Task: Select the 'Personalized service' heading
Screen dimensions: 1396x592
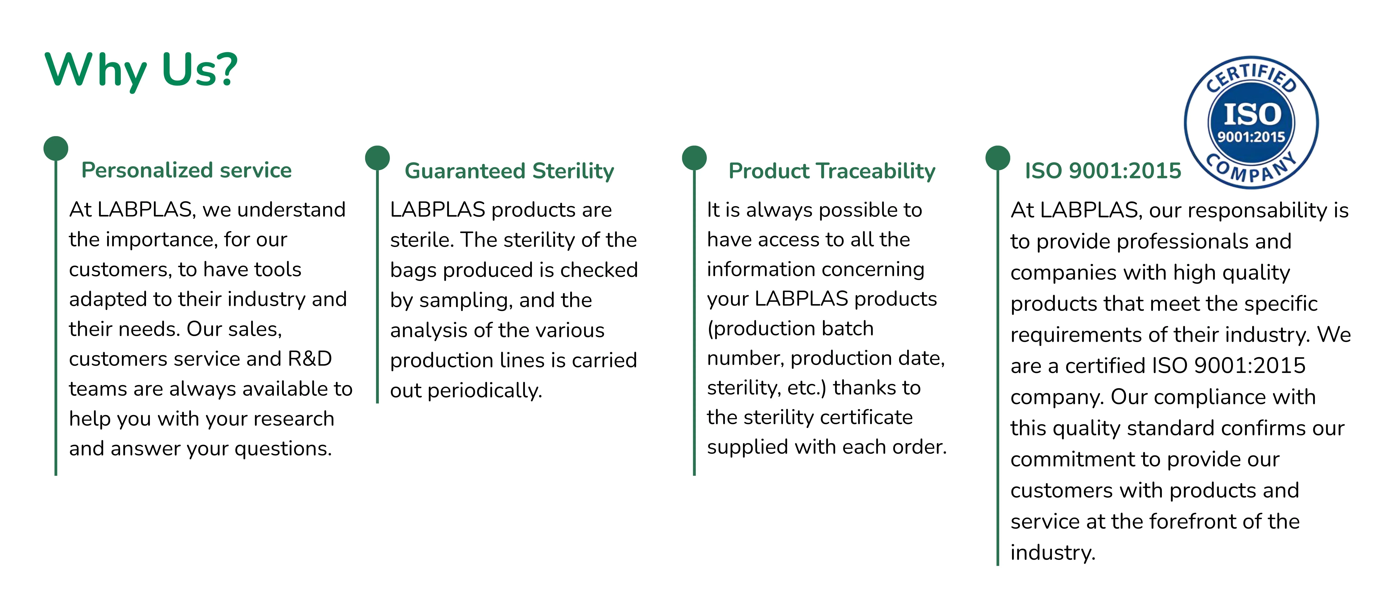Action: coord(186,170)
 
